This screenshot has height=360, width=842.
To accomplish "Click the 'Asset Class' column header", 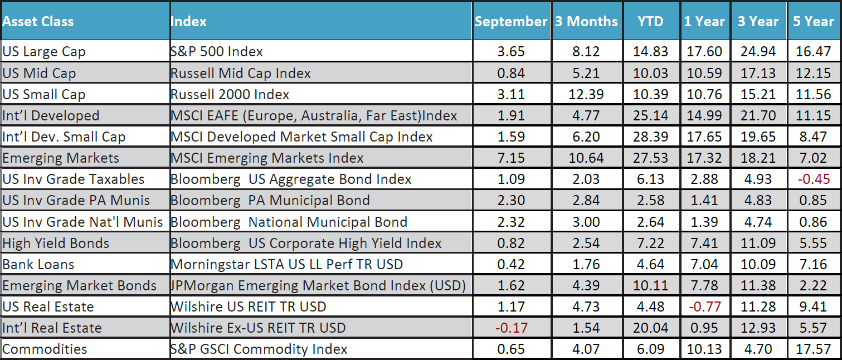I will coord(38,22).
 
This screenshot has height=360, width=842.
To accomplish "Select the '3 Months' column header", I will coord(586,22).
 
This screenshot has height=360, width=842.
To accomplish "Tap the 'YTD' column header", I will coord(650,22).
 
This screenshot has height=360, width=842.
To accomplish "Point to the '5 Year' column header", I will coord(814,22).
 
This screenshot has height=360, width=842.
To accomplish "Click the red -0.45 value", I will coord(813,179).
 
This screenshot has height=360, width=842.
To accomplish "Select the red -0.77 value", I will coord(704,307).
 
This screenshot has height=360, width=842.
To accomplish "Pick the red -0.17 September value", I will coord(510,328).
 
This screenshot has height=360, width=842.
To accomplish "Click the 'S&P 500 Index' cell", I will coord(217,52).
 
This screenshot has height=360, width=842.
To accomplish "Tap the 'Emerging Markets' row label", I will coord(61,158).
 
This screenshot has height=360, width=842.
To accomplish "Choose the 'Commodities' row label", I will coord(45,349).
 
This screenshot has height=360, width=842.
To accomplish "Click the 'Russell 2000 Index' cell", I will coord(230,95).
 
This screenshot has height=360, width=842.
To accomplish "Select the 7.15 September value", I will coord(510,158).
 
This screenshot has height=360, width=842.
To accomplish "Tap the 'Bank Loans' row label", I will coord(38,265).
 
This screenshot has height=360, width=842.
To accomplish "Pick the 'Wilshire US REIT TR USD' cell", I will coord(249,307).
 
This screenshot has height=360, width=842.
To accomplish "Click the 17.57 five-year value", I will coord(813,349).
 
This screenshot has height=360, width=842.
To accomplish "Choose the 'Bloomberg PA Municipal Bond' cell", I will coord(270,201).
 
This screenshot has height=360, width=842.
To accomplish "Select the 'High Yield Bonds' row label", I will coord(56,244).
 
